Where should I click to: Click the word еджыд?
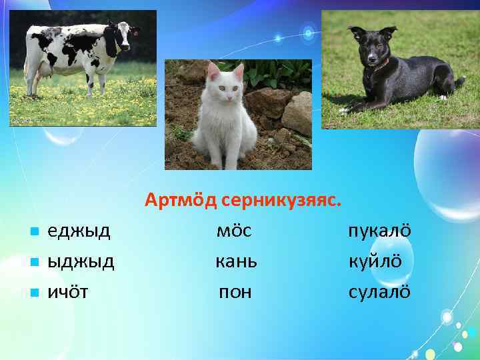pos(78,231)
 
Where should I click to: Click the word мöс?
pos(234,231)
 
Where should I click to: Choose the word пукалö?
pos(379,231)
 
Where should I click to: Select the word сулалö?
pos(379,292)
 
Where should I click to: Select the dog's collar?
pos(381,65)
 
